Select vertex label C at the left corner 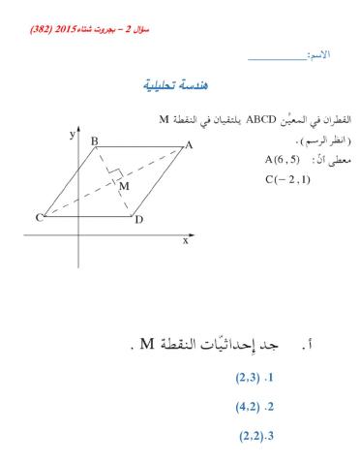pos(40,218)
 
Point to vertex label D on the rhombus pos(139,220)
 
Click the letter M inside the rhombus pos(124,187)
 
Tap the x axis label pos(185,240)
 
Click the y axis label pos(71,137)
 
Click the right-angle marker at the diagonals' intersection pos(114,177)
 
